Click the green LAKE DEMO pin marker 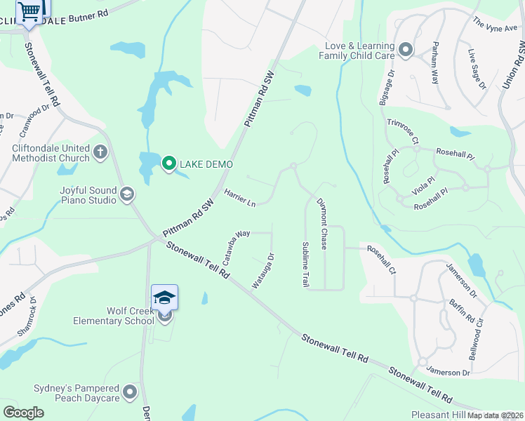tap(168, 163)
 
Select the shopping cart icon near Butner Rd tap(29, 11)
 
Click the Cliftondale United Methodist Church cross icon tap(100, 151)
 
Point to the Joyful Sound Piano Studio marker tap(127, 194)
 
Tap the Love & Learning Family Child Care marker tap(406, 49)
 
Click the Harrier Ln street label tap(239, 197)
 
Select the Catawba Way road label tap(236, 247)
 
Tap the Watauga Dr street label tap(262, 271)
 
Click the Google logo tap(24, 413)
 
